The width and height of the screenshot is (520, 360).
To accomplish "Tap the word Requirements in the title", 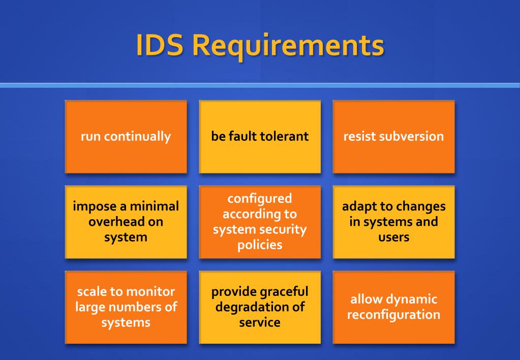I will click(x=290, y=46).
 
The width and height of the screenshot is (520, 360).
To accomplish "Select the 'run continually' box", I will click(x=126, y=136).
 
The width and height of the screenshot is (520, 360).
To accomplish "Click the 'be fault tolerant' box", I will click(x=260, y=136).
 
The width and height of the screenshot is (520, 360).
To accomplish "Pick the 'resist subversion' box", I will click(x=393, y=136).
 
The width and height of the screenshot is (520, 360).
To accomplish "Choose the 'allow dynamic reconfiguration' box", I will click(x=393, y=307).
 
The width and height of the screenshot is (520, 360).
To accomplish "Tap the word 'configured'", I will click(x=260, y=198).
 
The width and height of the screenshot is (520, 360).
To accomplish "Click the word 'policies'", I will click(x=260, y=245).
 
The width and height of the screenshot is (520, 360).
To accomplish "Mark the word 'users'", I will click(x=393, y=237).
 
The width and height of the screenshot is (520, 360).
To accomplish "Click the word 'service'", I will click(x=260, y=322).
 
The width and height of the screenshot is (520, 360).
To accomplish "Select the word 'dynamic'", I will click(x=411, y=299).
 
